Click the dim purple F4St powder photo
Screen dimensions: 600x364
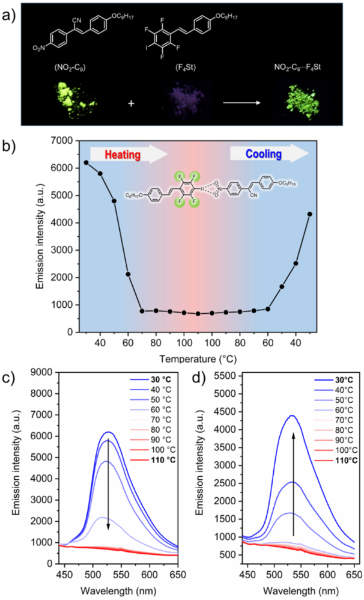click(x=179, y=100)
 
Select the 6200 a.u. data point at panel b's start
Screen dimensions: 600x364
click(x=86, y=162)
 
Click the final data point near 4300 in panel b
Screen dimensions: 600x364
click(x=310, y=214)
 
